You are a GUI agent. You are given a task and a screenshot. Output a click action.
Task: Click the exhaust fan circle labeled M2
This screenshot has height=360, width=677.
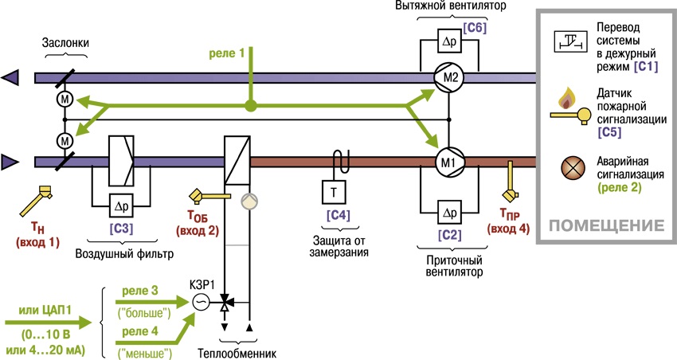449,78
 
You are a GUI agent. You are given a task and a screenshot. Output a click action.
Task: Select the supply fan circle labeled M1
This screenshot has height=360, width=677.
449,162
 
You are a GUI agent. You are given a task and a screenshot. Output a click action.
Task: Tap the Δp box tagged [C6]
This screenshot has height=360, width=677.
449,41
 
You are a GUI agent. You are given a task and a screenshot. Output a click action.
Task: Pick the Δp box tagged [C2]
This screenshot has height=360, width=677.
449,213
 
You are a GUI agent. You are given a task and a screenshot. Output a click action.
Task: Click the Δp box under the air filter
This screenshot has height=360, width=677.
121,206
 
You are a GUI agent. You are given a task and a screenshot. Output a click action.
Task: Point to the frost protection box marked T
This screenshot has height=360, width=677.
334,192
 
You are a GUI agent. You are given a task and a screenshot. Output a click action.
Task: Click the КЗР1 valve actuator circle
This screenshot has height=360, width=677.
201,302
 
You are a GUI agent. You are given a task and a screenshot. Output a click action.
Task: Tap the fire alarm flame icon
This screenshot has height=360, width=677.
565,98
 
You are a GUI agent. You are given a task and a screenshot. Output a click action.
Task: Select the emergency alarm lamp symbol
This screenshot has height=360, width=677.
573,168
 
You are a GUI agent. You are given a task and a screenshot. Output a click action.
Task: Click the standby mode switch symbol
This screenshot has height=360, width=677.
571,41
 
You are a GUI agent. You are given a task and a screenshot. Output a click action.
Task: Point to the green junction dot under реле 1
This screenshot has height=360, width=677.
250,105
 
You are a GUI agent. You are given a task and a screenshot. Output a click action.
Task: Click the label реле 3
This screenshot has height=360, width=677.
140,291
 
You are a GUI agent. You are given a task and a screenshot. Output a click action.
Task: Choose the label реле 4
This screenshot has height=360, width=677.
140,331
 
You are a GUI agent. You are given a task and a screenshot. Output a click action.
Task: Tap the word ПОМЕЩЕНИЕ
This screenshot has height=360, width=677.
606,225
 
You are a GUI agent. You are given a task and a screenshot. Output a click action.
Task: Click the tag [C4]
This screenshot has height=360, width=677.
338,215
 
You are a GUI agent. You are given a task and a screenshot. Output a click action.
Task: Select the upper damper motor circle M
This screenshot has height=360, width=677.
65,100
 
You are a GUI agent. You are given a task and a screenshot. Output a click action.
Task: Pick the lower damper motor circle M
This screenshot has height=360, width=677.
65,141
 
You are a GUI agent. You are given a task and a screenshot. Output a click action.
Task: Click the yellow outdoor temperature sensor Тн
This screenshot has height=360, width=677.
37,200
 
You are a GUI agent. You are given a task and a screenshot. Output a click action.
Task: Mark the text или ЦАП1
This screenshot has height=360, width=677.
45,311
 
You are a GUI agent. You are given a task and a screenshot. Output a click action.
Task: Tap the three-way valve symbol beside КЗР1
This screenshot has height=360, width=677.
225,303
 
